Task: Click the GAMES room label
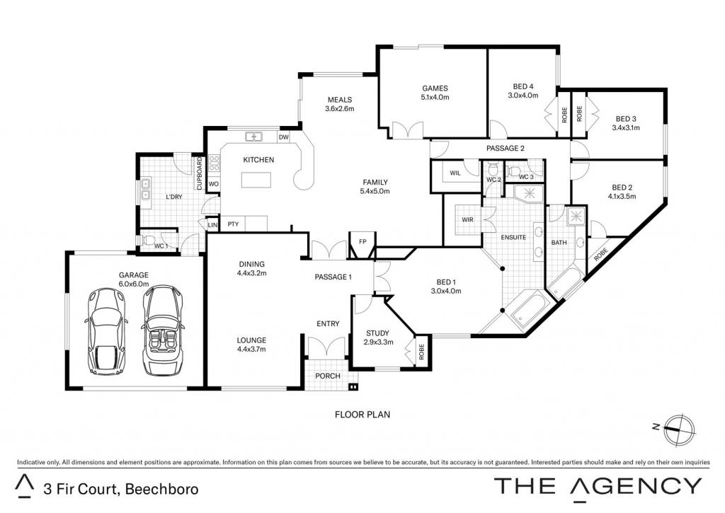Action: click(435, 88)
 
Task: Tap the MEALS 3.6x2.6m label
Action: click(340, 104)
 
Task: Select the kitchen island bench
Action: click(256, 180)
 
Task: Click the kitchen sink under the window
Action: click(254, 137)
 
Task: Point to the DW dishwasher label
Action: click(283, 137)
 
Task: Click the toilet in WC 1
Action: click(147, 241)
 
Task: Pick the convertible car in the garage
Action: click(163, 330)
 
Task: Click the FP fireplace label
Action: click(363, 242)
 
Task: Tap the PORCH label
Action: click(327, 376)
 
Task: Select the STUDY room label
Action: click(378, 333)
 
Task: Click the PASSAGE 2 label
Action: click(506, 149)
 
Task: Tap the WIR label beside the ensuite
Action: click(467, 219)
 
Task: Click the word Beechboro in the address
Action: click(162, 489)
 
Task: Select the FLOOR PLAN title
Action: click(362, 415)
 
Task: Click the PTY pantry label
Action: click(233, 224)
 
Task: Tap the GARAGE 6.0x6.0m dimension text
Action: click(134, 284)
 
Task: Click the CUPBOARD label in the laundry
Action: click(199, 174)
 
